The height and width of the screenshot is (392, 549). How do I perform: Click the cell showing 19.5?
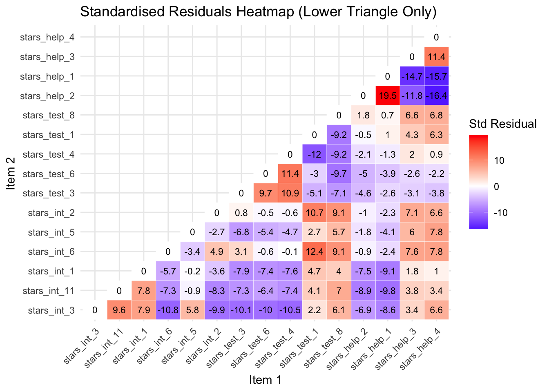point(387,96)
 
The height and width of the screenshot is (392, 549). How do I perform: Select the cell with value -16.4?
point(436,96)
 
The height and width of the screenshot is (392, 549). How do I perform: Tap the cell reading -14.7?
point(412,76)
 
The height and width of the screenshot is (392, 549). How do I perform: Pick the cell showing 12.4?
point(314,252)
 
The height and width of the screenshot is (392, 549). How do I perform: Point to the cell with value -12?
point(314,154)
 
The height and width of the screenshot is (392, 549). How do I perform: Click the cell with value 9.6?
point(119,310)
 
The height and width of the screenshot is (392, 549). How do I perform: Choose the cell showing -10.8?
point(168,310)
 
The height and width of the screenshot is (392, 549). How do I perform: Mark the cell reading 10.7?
point(314,213)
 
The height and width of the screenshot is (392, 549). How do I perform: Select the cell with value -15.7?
point(436,76)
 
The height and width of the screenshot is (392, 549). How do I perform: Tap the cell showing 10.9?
point(290,193)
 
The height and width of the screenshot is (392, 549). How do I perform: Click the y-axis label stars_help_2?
point(47,96)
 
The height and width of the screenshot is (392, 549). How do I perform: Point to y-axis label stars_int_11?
point(49,291)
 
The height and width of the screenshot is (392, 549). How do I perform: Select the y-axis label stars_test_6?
point(49,174)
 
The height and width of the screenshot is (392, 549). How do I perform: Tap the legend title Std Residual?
point(502,124)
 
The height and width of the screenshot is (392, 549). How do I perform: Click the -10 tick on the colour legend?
point(501,213)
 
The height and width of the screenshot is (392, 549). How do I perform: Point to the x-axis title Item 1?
point(265,380)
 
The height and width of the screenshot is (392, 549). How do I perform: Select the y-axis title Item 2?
point(11,174)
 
